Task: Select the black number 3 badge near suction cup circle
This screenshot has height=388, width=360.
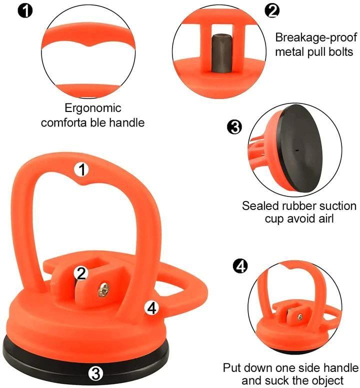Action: (x=234, y=127)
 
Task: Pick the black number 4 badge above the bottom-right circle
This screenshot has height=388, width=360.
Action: (x=241, y=266)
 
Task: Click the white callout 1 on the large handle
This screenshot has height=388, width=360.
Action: (x=81, y=169)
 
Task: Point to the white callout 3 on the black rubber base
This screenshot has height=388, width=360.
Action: (x=96, y=372)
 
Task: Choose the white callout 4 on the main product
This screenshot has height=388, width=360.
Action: (x=152, y=308)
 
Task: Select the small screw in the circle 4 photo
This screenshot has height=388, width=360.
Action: (x=299, y=316)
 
